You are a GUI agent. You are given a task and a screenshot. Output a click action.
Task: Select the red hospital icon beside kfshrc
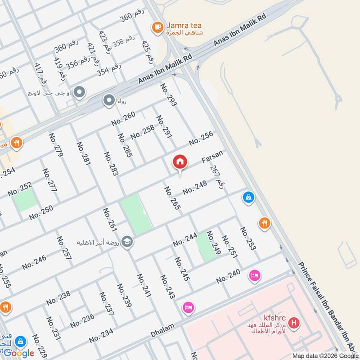[294, 323]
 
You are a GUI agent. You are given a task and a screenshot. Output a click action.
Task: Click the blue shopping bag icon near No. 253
[248, 197]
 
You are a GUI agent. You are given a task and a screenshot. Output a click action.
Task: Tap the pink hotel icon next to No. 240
[254, 275]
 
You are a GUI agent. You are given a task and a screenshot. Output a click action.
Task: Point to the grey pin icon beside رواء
[109, 100]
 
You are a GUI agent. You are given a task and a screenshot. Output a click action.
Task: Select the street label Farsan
[212, 157]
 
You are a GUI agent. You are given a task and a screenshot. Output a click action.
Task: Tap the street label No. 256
[201, 139]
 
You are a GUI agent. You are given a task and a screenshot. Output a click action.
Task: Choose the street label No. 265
[172, 198]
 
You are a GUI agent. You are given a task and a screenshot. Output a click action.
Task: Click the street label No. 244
[185, 240]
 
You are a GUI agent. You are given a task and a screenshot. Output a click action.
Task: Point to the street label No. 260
[123, 118]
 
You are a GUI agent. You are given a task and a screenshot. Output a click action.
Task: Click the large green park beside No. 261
[135, 214]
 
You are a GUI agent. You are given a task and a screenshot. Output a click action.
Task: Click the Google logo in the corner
[19, 353]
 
